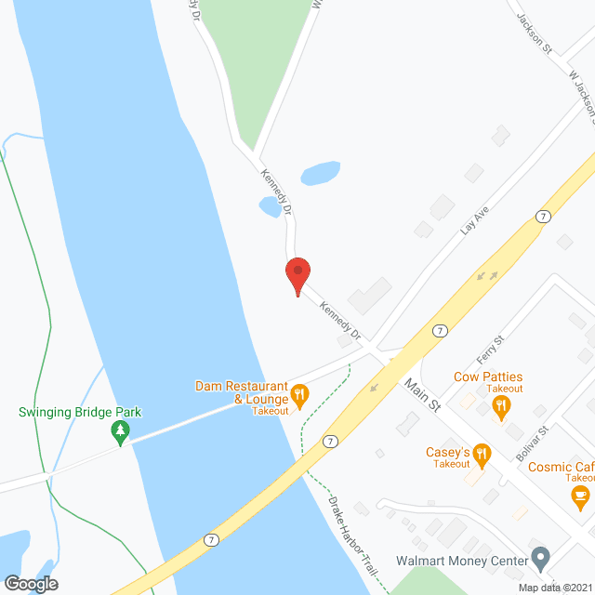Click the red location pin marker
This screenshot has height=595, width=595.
click(297, 274)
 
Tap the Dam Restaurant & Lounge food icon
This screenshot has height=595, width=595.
click(299, 394)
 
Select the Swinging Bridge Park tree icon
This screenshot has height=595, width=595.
click(120, 431)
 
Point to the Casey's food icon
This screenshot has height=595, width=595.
click(482, 455)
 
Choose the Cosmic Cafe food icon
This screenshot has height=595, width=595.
click(580, 493)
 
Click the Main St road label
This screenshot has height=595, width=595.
click(421, 393)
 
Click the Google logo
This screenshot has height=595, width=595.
click(31, 583)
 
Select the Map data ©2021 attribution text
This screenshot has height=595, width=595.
click(554, 587)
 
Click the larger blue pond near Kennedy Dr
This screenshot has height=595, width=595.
click(320, 173)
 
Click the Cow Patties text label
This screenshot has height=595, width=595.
click(488, 377)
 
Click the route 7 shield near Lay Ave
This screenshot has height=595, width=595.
click(542, 216)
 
